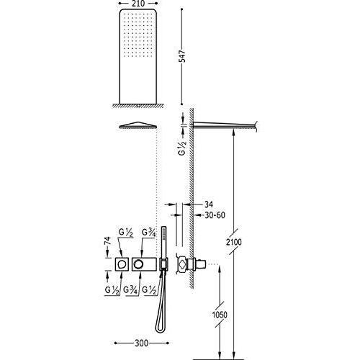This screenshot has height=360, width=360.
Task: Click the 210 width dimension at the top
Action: tap(138, 4)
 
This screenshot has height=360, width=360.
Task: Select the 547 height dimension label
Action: tap(183, 56)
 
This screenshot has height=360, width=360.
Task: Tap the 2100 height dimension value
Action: tap(234, 242)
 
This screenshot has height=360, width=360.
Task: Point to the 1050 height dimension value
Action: tap(220, 315)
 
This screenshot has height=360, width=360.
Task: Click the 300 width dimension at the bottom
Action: tap(141, 343)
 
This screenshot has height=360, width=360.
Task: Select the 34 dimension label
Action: tap(209, 204)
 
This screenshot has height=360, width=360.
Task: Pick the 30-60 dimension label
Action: tap(215, 215)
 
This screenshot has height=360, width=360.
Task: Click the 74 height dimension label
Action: tap(108, 240)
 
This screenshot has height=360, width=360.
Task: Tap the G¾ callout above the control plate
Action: tap(149, 233)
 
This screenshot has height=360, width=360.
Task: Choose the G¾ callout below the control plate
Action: tap(130, 290)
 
